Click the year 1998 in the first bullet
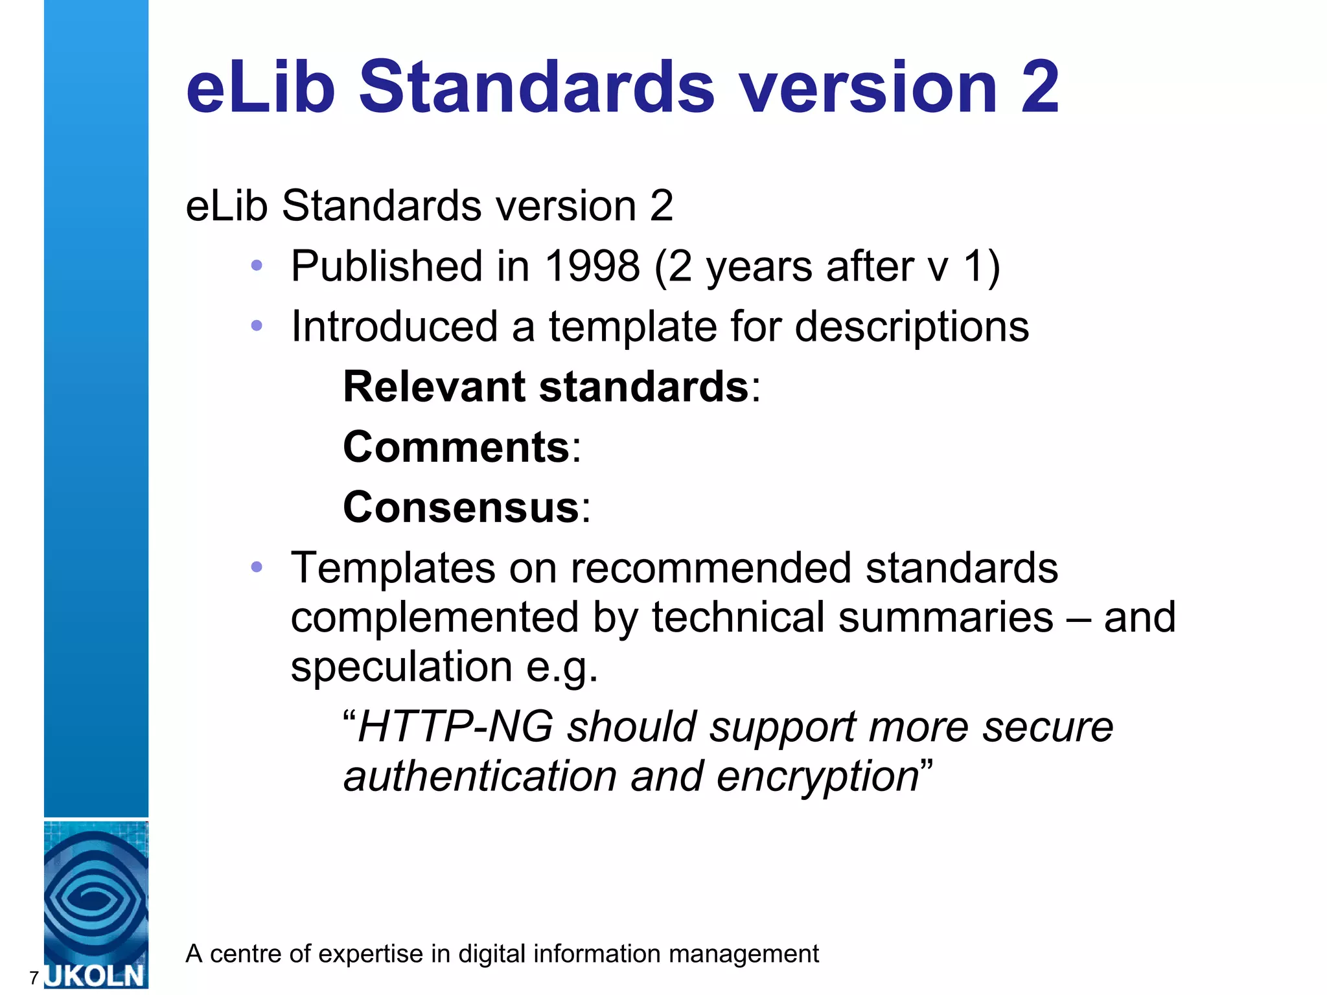point(592,266)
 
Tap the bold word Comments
point(456,447)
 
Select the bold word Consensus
point(461,507)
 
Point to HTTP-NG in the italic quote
point(456,727)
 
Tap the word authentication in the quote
point(479,777)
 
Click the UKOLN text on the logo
point(95,975)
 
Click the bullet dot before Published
point(257,265)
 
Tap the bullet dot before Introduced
point(257,325)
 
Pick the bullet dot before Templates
point(257,567)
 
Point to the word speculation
point(401,667)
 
